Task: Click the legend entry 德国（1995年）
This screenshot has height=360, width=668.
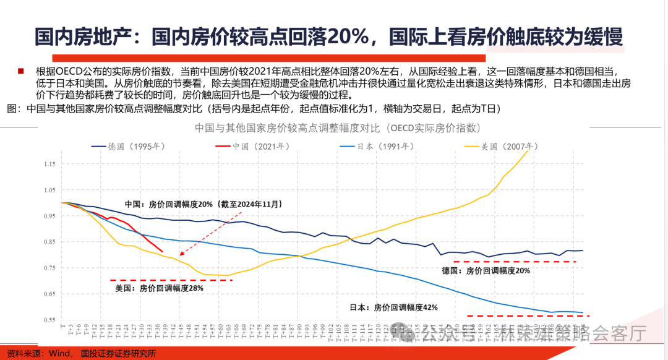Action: pyautogui.click(x=127, y=147)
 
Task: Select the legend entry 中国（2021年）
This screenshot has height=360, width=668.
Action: pyautogui.click(x=252, y=147)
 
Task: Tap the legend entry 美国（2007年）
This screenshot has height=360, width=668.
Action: pyautogui.click(x=502, y=147)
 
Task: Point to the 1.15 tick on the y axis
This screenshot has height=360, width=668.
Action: pyautogui.click(x=50, y=164)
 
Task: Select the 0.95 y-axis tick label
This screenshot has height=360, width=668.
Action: pyautogui.click(x=50, y=216)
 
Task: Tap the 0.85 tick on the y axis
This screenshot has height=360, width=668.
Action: pyautogui.click(x=50, y=242)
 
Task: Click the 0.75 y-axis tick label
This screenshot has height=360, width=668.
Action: pyautogui.click(x=50, y=268)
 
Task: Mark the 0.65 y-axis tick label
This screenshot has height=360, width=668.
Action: pyautogui.click(x=50, y=294)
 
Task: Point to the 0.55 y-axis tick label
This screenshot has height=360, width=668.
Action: pyautogui.click(x=50, y=320)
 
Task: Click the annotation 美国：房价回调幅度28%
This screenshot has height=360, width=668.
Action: pyautogui.click(x=160, y=288)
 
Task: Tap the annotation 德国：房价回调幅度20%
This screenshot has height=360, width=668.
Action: pyautogui.click(x=486, y=270)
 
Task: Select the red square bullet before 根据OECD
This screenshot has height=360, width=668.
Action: pyautogui.click(x=20, y=71)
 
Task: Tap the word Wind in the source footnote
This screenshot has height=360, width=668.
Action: pyautogui.click(x=61, y=353)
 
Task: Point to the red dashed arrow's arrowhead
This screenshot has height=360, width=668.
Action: pyautogui.click(x=181, y=254)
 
